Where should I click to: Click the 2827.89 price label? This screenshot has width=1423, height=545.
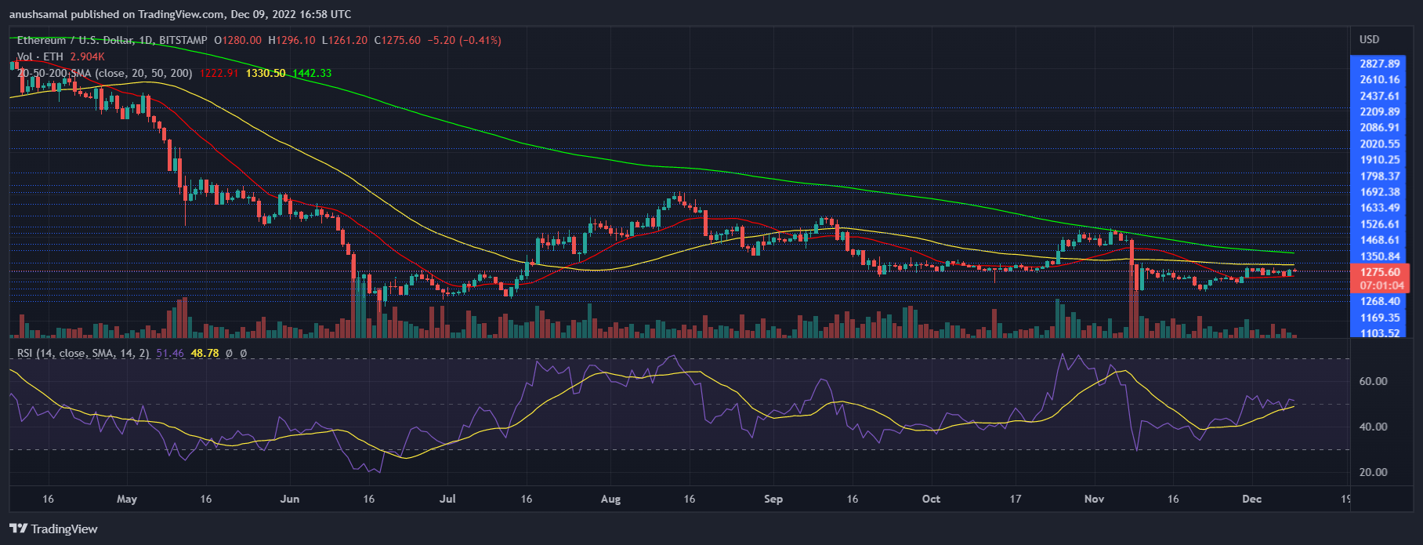coord(1380,64)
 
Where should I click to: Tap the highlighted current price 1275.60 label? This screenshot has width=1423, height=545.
coord(1380,272)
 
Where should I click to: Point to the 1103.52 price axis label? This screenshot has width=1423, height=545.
coord(1380,333)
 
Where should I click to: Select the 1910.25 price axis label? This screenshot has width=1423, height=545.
coord(1380,160)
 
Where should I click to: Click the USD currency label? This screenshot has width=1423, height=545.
coord(1369,39)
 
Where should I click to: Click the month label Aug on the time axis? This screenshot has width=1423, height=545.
coord(610,499)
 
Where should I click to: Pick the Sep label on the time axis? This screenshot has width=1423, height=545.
coord(773,499)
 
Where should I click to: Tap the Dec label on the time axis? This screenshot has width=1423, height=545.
coord(1251,499)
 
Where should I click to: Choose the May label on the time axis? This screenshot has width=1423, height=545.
coord(126,499)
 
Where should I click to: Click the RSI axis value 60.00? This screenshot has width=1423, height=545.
coord(1373,381)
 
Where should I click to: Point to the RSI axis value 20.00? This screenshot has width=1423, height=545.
coord(1373,472)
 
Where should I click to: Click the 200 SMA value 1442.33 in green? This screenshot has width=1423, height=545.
coord(312,73)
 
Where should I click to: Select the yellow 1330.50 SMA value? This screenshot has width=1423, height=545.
coord(266,73)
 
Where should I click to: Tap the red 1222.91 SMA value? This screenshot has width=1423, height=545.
coord(219,73)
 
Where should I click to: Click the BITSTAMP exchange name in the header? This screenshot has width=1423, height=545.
coord(183,40)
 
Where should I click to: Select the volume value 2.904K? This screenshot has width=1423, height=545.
coord(87,56)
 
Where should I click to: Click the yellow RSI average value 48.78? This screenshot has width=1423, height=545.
coord(205,354)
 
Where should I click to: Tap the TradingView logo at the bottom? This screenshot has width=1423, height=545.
coord(54,529)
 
